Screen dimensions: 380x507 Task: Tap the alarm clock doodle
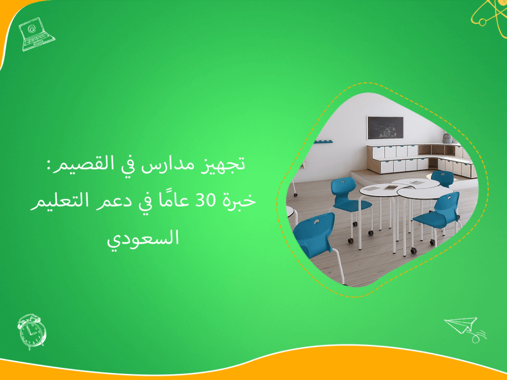pos(31,331)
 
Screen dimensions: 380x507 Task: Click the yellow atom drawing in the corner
pos(488,14)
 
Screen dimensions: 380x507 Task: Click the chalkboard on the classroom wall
pos(385,127)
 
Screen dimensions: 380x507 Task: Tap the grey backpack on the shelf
pos(447,138)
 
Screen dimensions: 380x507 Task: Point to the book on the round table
pos(389,187)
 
